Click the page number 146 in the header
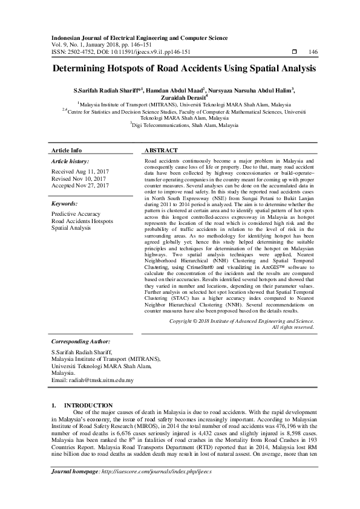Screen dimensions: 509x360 coord(313,53)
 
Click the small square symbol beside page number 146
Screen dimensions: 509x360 coord(293,53)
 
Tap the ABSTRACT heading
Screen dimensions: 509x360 coord(161,150)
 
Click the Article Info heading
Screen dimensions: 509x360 coord(67,150)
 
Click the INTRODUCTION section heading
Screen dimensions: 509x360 coord(88,405)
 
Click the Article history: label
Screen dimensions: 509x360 coord(70,161)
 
